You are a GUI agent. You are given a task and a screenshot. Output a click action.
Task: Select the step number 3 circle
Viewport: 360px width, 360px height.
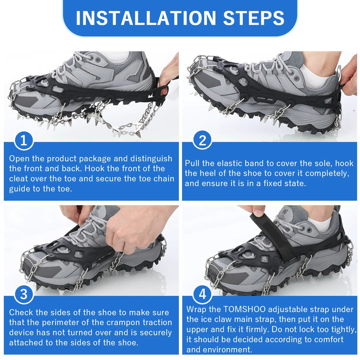(x=24, y=294)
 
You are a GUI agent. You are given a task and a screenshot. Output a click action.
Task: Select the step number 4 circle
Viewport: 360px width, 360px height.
(x=202, y=294)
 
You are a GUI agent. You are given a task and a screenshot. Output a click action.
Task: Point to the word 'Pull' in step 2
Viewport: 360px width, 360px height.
(x=194, y=163)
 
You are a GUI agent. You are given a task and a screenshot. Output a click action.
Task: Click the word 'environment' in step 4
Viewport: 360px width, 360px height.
(x=223, y=350)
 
